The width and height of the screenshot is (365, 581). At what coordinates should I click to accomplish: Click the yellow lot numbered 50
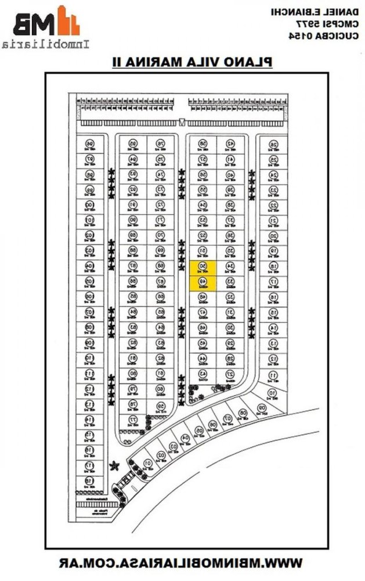click(203, 267)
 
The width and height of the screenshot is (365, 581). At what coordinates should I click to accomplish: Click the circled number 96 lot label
click(89, 144)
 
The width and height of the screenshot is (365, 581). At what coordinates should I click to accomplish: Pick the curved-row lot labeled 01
click(148, 462)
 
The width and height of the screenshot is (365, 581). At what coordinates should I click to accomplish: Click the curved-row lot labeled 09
click(262, 408)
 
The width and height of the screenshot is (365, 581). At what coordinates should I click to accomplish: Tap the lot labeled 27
click(230, 374)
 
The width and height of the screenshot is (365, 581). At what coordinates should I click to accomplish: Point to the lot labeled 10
click(272, 393)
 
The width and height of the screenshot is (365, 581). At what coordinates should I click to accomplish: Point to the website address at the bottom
click(182, 562)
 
